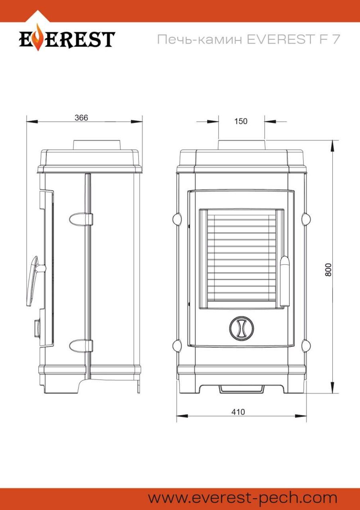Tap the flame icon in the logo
pyautogui.click(x=39, y=37)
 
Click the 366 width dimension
pyautogui.click(x=81, y=118)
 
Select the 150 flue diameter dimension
pyautogui.click(x=241, y=121)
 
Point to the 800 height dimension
pyautogui.click(x=328, y=270)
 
